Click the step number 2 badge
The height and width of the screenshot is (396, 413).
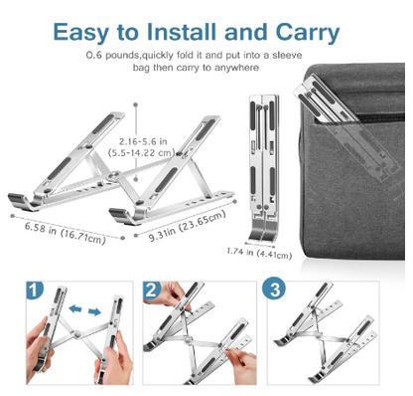[151, 291]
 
